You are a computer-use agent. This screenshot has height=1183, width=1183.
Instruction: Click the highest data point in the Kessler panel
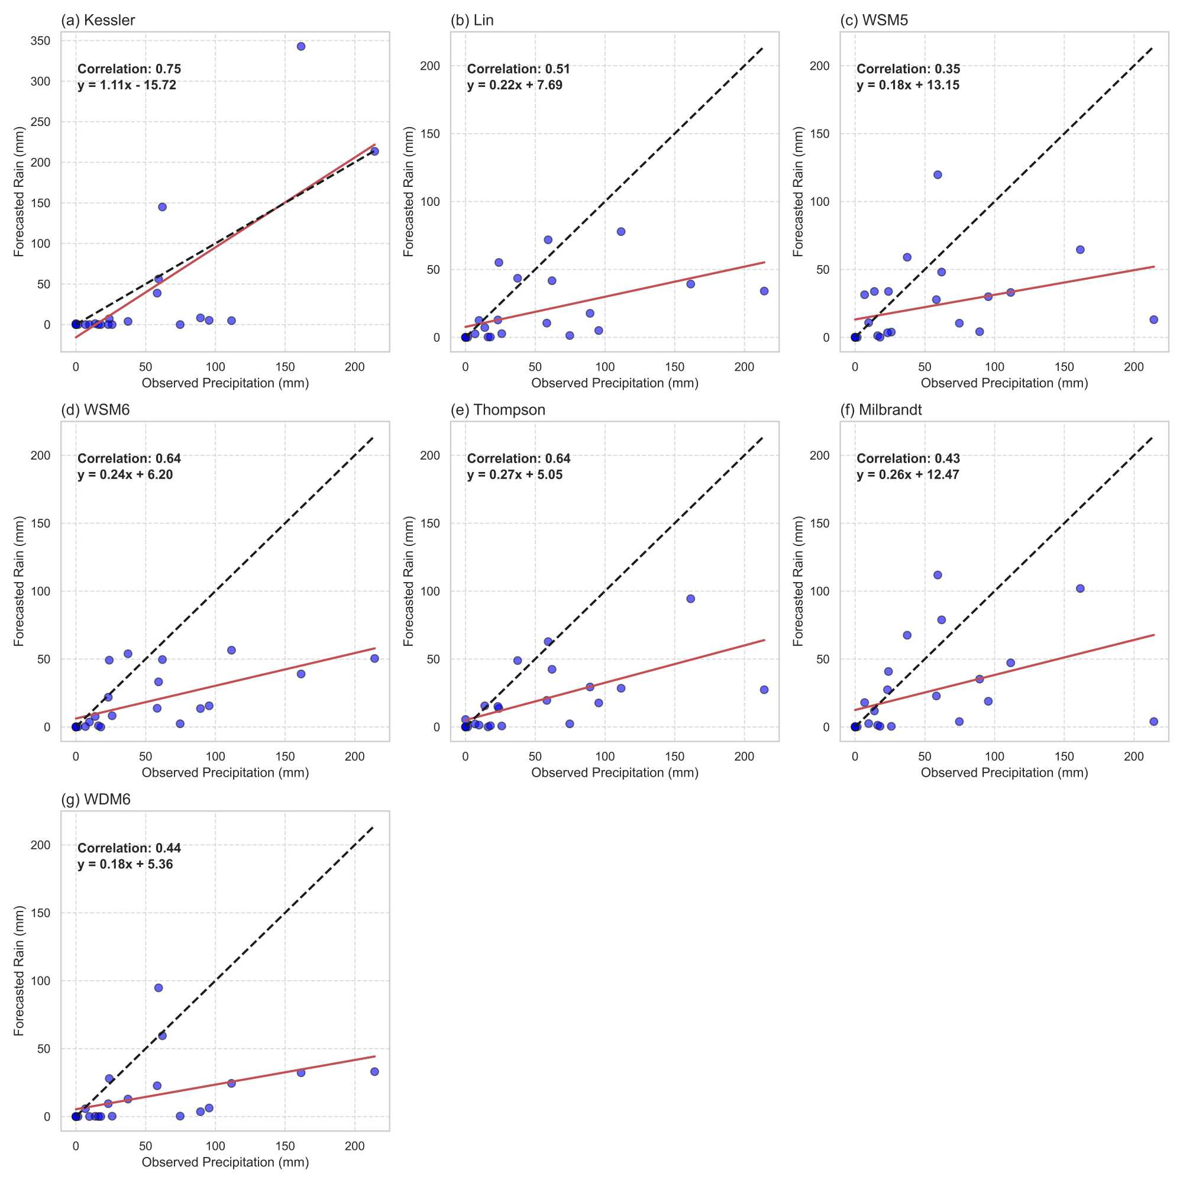click(x=300, y=47)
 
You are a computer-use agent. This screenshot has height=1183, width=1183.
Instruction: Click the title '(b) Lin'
click(x=471, y=20)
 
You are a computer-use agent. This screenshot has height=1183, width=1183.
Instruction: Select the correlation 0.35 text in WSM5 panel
click(x=908, y=69)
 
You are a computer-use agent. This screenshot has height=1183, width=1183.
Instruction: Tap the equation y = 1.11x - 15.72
click(x=127, y=85)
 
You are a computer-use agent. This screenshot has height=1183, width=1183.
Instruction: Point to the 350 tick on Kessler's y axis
click(x=40, y=40)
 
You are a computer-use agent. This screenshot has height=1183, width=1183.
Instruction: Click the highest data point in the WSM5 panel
click(x=938, y=175)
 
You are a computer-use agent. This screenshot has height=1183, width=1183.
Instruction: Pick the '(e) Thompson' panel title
click(x=497, y=410)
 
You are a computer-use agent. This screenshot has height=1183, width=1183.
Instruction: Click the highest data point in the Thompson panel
click(x=691, y=599)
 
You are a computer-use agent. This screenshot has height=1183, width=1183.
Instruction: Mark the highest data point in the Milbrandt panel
click(x=938, y=575)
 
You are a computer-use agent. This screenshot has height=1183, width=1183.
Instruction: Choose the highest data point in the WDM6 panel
click(x=159, y=988)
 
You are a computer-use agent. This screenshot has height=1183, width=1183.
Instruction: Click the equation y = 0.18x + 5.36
click(x=125, y=864)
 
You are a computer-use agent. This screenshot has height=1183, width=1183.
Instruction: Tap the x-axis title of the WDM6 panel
click(x=225, y=1162)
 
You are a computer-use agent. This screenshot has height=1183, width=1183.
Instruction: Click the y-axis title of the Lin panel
click(x=409, y=192)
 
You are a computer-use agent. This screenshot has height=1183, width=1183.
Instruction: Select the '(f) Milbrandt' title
click(x=881, y=410)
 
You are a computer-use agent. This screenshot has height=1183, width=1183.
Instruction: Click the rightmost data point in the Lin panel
click(x=764, y=292)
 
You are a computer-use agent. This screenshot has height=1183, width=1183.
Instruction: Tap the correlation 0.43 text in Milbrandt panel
click(x=908, y=458)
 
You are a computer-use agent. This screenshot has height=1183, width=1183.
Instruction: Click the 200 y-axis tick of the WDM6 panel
click(x=40, y=845)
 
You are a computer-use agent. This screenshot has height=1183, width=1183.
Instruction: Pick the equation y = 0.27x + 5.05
click(x=515, y=474)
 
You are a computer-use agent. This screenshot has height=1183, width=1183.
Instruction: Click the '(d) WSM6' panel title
click(x=95, y=410)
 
